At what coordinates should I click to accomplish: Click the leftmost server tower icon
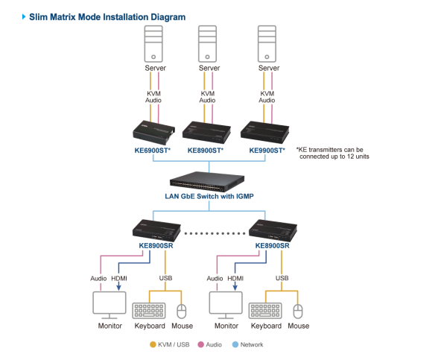pos(153,44)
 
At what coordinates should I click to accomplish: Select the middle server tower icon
pos(208,44)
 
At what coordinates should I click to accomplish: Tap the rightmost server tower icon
pos(267,44)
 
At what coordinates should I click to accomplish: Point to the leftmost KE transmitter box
pos(153,133)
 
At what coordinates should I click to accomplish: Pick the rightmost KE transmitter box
pos(266,133)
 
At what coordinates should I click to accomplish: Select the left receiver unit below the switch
pos(156,230)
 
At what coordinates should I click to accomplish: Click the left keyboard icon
pos(149,310)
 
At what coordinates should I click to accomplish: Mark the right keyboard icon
pos(265,310)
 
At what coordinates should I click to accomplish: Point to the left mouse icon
pos(181,311)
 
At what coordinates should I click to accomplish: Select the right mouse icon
pos(298,311)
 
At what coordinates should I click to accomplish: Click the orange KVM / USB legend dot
pos(153,344)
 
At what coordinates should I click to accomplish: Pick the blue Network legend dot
pos(235,344)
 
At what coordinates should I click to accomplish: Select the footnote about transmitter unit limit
pos(333,153)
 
